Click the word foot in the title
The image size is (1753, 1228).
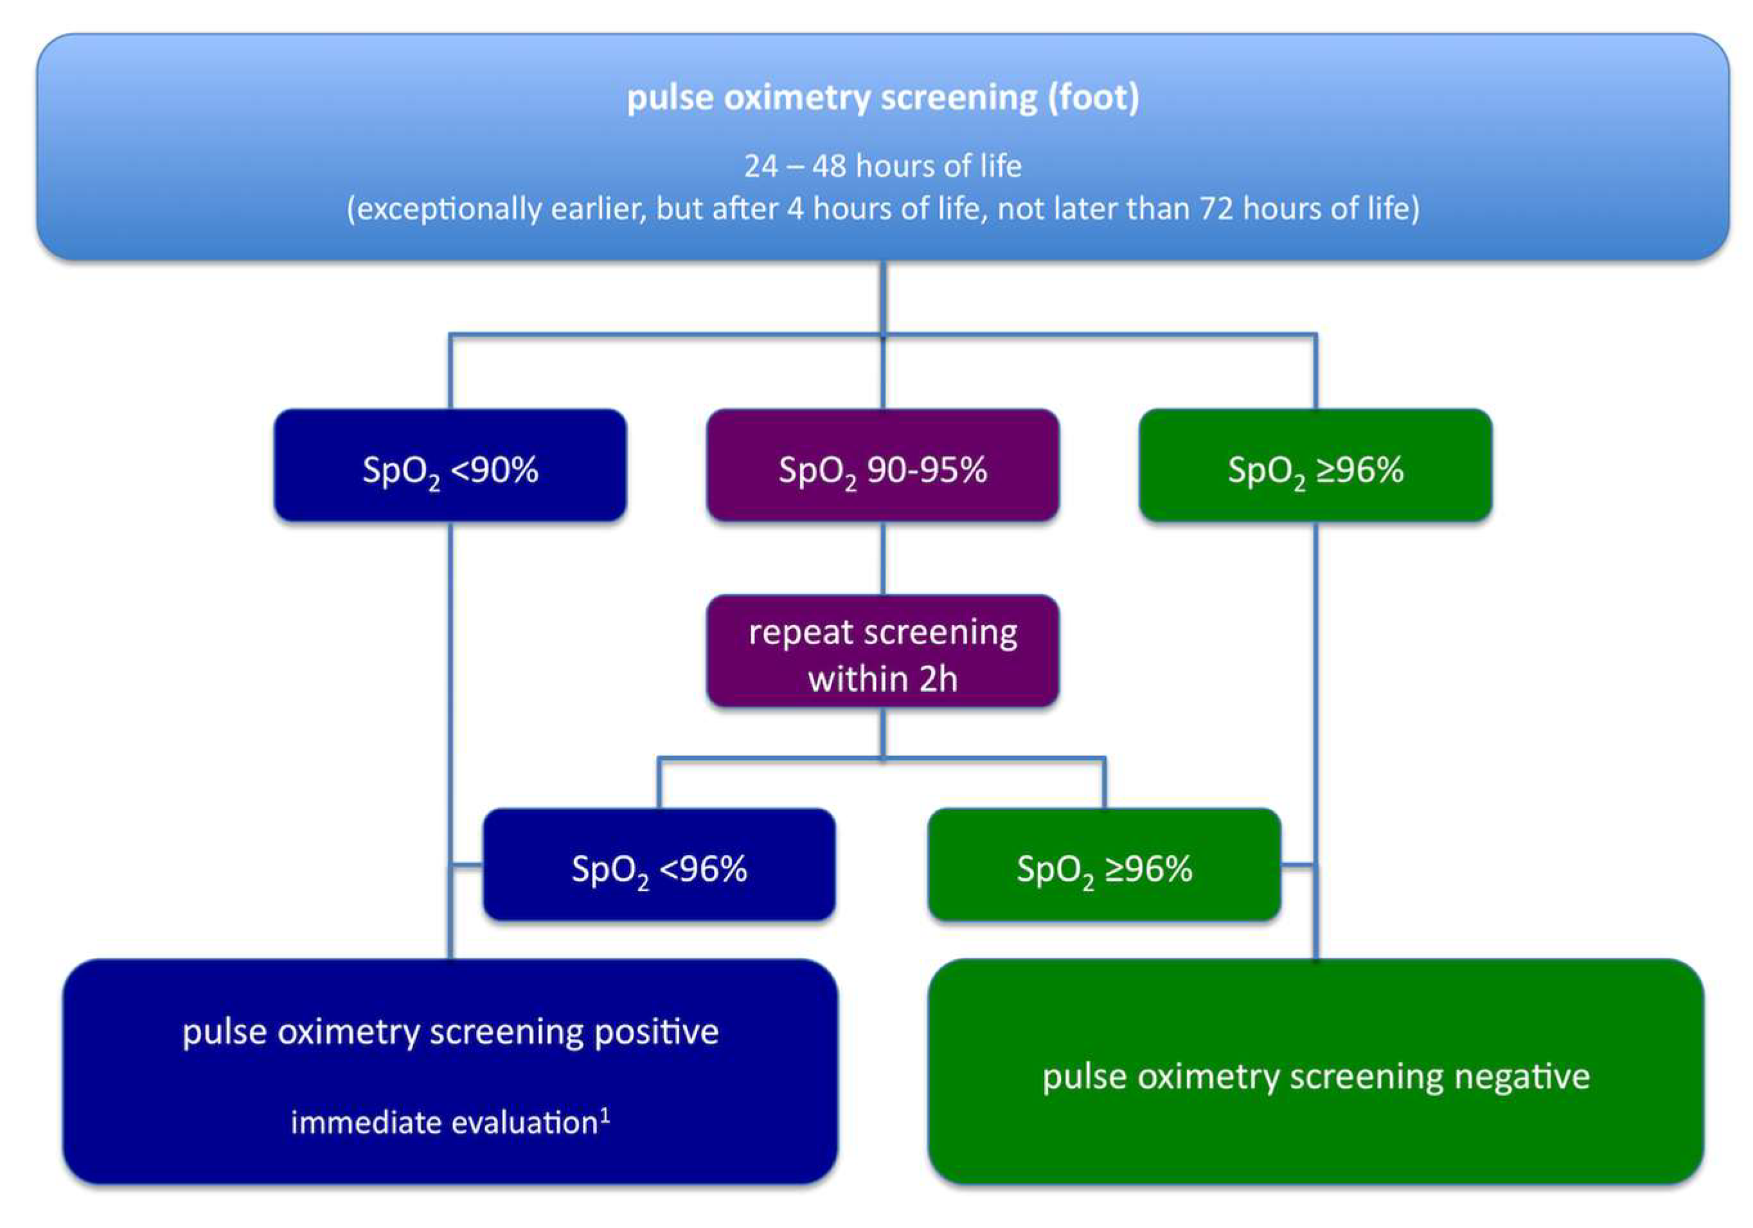point(1092,98)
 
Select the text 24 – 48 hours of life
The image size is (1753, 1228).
point(883,166)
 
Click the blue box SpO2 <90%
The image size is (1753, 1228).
point(450,466)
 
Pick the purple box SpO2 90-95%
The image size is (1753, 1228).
point(883,466)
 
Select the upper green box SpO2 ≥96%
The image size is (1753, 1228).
point(1315,466)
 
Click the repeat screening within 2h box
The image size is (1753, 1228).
point(883,651)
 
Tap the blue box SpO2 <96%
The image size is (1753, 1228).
point(659,865)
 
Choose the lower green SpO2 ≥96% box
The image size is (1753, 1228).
point(1104,865)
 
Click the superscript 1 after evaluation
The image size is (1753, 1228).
point(605,1115)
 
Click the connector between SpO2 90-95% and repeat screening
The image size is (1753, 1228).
point(883,558)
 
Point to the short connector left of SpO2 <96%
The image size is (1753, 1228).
point(467,865)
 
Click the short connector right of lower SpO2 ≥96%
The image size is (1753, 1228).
point(1298,865)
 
